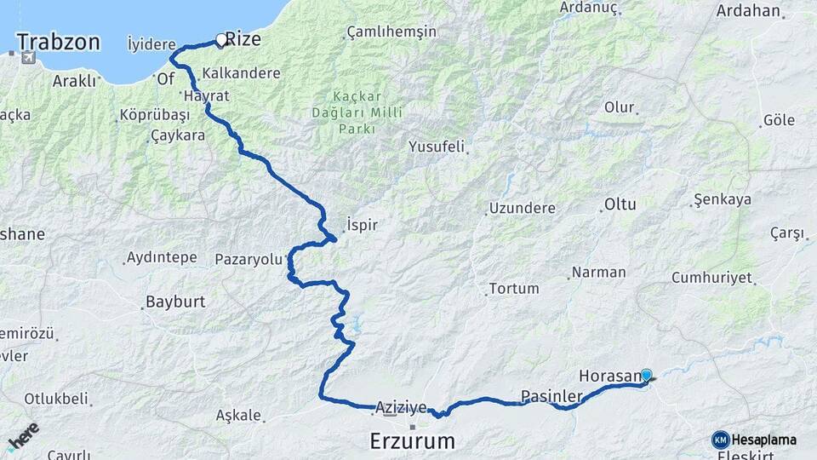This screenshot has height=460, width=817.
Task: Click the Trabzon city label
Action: pyautogui.click(x=58, y=42)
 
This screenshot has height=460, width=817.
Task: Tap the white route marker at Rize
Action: pyautogui.click(x=221, y=40)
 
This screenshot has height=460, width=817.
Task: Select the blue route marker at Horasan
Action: pyautogui.click(x=646, y=376)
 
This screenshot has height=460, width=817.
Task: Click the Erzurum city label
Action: pyautogui.click(x=413, y=441)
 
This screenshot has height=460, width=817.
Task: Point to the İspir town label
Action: pyautogui.click(x=362, y=226)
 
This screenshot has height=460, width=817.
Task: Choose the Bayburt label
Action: pyautogui.click(x=176, y=302)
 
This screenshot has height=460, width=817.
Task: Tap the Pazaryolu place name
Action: pyautogui.click(x=248, y=258)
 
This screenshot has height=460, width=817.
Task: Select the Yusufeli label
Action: pyautogui.click(x=437, y=147)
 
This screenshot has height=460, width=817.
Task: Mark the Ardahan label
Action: pyautogui.click(x=748, y=11)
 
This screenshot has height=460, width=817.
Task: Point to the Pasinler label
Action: pyautogui.click(x=551, y=396)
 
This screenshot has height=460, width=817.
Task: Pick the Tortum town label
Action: pyautogui.click(x=514, y=288)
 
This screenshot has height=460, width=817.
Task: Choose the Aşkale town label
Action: pyautogui.click(x=239, y=415)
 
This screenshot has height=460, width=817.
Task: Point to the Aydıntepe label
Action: pyautogui.click(x=161, y=257)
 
